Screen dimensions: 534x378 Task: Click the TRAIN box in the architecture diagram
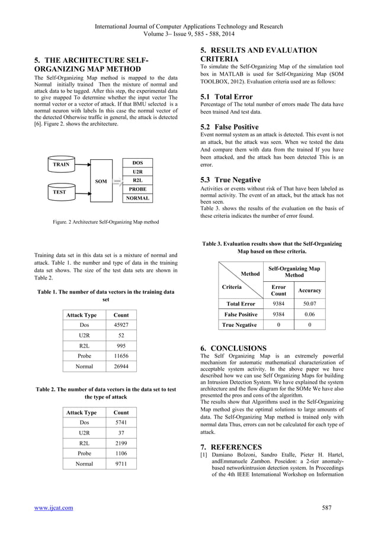61,165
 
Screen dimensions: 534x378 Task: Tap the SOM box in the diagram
101,181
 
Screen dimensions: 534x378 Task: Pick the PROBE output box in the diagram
137,189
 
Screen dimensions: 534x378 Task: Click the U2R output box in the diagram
137,171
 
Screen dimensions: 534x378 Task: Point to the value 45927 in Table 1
121,326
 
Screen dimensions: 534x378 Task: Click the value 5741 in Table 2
121,423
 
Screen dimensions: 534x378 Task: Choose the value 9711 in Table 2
121,464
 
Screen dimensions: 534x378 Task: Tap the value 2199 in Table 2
121,443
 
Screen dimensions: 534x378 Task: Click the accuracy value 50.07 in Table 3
309,304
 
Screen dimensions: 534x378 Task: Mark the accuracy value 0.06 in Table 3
309,314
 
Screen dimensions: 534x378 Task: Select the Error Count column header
278,290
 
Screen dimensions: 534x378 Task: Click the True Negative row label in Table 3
239,325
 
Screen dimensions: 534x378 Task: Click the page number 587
326,507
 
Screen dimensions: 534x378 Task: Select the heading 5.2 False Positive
230,127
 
